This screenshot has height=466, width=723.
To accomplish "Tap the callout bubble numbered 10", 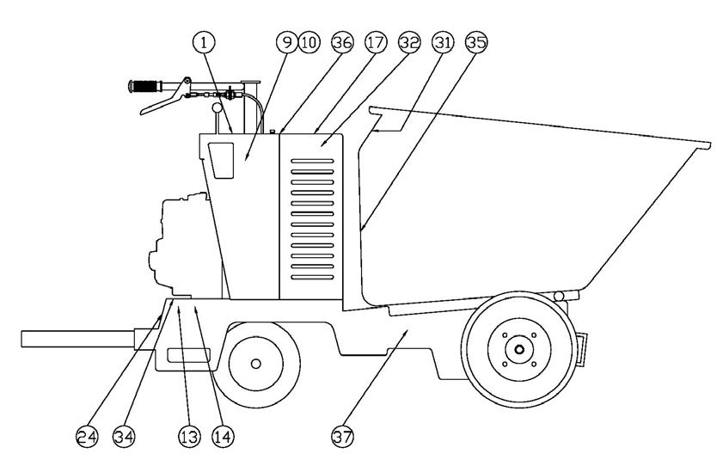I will point(308,41).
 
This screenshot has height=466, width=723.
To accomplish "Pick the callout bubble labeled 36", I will point(342,41).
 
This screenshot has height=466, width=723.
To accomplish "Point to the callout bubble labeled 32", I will point(409,41).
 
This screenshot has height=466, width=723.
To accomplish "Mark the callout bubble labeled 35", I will point(475,41).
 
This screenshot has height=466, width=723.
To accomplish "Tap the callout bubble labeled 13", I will point(189,437).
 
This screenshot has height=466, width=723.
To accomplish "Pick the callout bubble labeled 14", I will point(223,437).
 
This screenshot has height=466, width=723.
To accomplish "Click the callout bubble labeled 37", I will point(342,437).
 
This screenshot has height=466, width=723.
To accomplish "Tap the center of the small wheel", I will point(255,363).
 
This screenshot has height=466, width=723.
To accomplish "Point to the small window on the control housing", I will point(222,161).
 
